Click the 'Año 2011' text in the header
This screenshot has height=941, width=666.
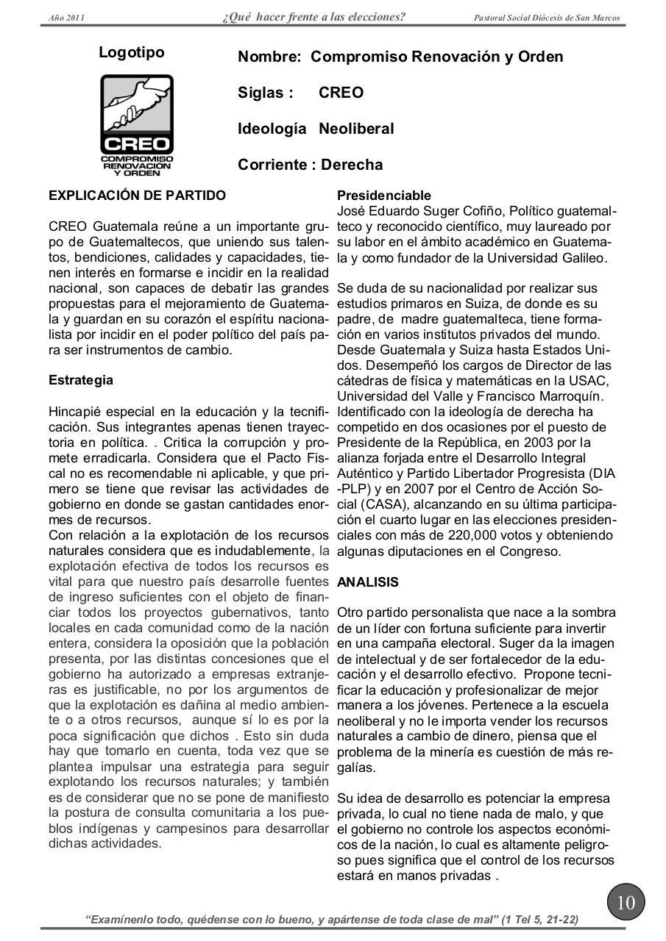click(x=65, y=18)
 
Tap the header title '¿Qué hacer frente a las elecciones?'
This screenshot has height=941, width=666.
click(x=313, y=17)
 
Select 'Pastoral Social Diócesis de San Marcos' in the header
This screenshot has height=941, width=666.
click(x=547, y=18)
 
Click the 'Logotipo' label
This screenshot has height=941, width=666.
click(x=132, y=52)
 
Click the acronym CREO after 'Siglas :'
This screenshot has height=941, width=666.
click(x=341, y=93)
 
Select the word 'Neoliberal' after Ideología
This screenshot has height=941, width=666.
click(x=356, y=129)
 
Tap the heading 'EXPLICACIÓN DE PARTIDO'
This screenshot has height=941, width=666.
click(x=137, y=196)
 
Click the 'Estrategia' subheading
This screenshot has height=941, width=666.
click(x=81, y=380)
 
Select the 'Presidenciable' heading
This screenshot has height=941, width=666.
click(x=384, y=196)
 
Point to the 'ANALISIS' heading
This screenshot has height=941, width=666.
click(x=368, y=582)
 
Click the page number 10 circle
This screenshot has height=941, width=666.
click(x=626, y=901)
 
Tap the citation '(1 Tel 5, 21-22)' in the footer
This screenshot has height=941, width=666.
click(x=539, y=919)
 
